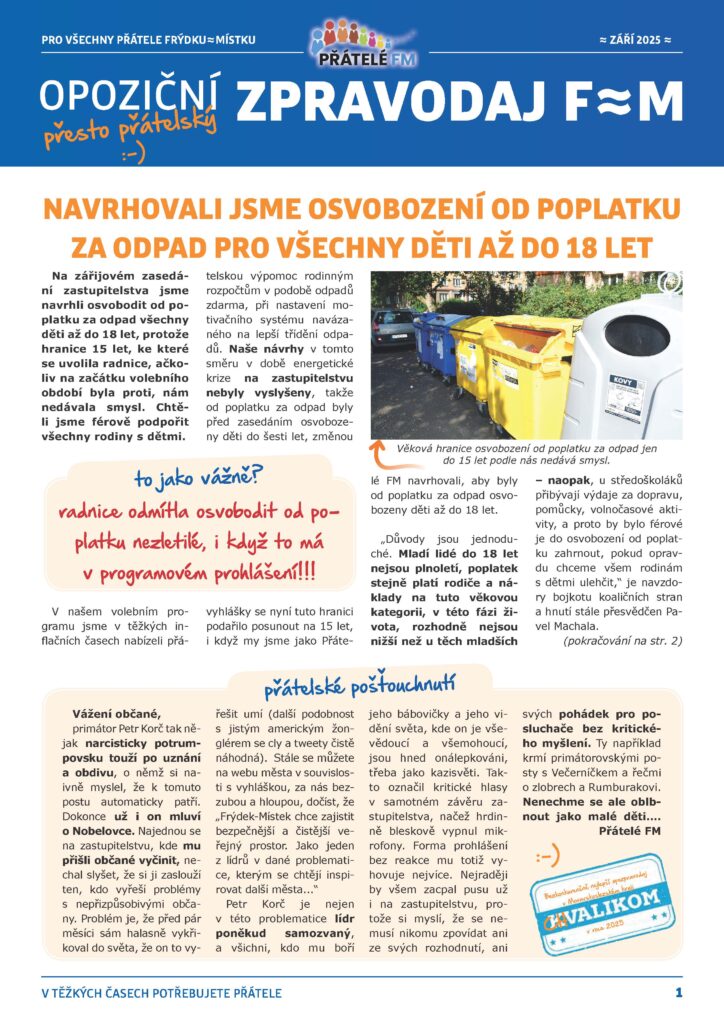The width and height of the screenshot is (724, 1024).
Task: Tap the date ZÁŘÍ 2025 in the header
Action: tap(634, 39)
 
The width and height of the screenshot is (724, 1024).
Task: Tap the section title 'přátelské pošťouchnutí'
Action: tap(360, 686)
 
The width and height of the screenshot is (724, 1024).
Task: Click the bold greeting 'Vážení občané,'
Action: tap(116, 713)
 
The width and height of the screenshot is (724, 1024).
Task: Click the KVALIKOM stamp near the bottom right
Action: tap(598, 897)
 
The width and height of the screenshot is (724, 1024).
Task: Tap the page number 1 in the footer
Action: tap(678, 992)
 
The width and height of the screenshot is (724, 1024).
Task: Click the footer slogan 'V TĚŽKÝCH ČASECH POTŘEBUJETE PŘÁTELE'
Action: tap(162, 993)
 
